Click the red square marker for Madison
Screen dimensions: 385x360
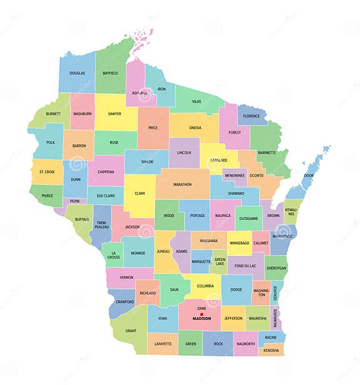pyautogui.click(x=202, y=314)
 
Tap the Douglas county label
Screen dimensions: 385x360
pyautogui.click(x=77, y=73)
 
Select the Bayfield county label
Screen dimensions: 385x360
pyautogui.click(x=110, y=73)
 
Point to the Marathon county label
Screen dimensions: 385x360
pyautogui.click(x=182, y=184)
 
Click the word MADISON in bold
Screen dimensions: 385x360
pyautogui.click(x=202, y=319)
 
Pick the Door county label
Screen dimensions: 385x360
pyautogui.click(x=308, y=176)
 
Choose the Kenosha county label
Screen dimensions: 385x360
pyautogui.click(x=271, y=350)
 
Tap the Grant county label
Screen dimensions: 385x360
pyautogui.click(x=131, y=331)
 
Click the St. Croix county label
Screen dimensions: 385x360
pyautogui.click(x=47, y=171)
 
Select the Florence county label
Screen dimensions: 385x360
pyautogui.click(x=251, y=116)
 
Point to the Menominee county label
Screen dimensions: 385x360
pyautogui.click(x=235, y=176)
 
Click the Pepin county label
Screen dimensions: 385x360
pyautogui.click(x=75, y=201)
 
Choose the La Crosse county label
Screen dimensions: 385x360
pyautogui.click(x=113, y=254)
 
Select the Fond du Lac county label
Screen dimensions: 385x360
pyautogui.click(x=245, y=265)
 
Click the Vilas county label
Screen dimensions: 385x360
pyautogui.click(x=196, y=101)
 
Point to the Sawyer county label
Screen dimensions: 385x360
pyautogui.click(x=114, y=114)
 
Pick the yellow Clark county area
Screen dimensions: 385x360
pyautogui.click(x=139, y=193)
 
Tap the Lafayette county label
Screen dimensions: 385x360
pyautogui.click(x=163, y=344)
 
